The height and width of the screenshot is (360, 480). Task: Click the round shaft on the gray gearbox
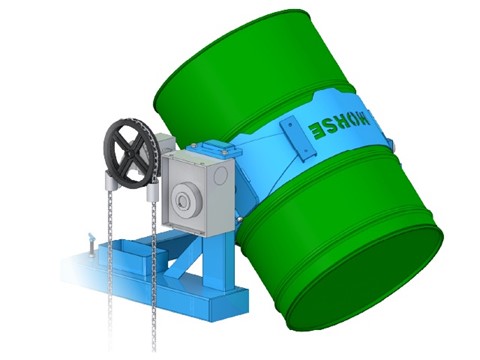click(x=183, y=201)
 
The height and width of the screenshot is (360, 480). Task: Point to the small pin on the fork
click(x=91, y=245)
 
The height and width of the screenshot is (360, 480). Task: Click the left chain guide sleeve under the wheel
click(x=111, y=181)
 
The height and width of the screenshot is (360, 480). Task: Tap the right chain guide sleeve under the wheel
click(x=152, y=193)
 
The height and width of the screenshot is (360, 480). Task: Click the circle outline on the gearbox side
click(x=220, y=175)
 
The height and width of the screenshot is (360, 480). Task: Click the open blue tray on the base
click(x=133, y=256)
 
